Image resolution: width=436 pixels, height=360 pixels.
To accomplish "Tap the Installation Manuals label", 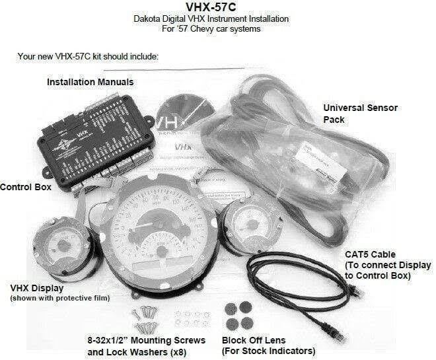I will coord(90,83).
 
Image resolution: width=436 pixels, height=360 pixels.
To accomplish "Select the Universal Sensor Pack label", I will coord(360,113).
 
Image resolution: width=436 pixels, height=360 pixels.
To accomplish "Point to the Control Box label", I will coord(26,187).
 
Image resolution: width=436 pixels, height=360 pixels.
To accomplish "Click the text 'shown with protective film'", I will coord(59,299).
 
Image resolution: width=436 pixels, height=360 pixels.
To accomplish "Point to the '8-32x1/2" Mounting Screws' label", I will coord(147,340).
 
